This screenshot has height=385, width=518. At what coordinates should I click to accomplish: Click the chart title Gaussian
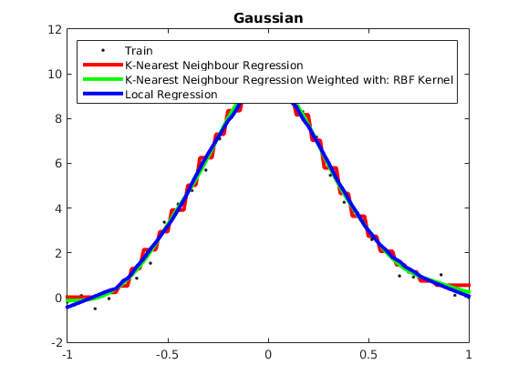click(x=268, y=18)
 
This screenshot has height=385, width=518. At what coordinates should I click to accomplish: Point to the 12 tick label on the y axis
click(x=55, y=30)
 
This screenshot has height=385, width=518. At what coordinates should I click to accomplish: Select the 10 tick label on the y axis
click(x=55, y=74)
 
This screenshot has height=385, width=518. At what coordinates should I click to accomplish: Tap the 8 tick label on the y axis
click(x=58, y=118)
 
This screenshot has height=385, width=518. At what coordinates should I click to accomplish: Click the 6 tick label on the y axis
click(x=58, y=164)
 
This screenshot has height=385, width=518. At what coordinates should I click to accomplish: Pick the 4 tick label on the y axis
click(x=58, y=208)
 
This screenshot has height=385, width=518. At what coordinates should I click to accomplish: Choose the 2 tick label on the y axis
click(x=58, y=253)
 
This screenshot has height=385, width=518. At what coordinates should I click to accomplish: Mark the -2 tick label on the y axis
click(x=57, y=343)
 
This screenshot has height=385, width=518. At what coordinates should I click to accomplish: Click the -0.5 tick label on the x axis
click(x=167, y=355)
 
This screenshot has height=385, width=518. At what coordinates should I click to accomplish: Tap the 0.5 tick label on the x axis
click(x=368, y=355)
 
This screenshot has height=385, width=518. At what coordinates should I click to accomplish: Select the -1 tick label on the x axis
click(x=67, y=355)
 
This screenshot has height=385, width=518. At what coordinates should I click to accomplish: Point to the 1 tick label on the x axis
click(x=469, y=355)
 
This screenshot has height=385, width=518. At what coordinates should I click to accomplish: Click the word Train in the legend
click(x=139, y=51)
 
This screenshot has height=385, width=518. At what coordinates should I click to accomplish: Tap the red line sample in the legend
click(x=103, y=65)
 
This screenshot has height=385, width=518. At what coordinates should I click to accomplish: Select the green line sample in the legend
click(x=103, y=79)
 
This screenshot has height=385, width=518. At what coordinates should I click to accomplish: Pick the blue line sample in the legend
click(x=103, y=94)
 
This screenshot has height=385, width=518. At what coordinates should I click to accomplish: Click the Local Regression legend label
click(x=171, y=95)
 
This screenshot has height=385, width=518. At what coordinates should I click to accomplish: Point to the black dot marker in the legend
click(x=103, y=50)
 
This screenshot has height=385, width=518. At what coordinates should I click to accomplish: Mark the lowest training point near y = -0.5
click(x=95, y=309)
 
